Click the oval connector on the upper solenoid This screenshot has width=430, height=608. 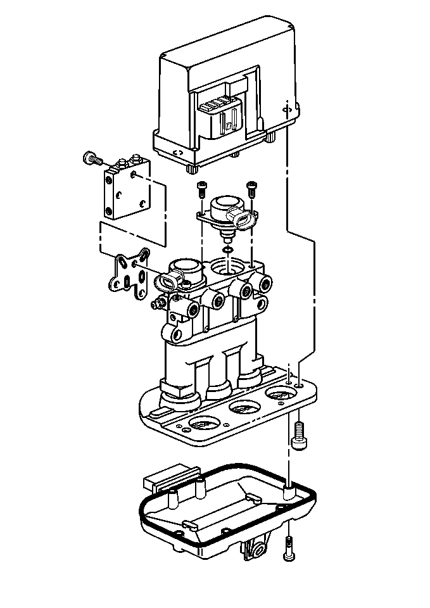tap(243, 219)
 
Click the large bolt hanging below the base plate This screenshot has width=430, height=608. tap(298, 435)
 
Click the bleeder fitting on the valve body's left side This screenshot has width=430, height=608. tap(156, 304)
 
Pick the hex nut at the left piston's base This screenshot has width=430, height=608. tap(179, 388)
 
